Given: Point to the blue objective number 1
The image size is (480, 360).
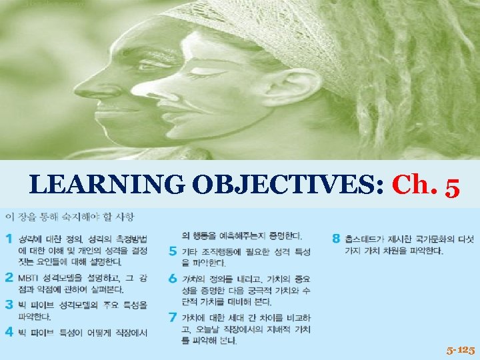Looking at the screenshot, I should click(9, 238).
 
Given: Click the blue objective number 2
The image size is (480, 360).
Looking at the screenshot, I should click(9, 276).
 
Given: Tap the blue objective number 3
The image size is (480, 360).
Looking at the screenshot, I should click(9, 303).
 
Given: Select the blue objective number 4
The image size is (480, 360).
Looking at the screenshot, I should click(9, 331).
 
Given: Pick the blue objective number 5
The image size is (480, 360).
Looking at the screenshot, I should click(172, 251).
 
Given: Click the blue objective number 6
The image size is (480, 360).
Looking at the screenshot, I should click(172, 279).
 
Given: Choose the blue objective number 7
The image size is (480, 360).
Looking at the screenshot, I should click(172, 317).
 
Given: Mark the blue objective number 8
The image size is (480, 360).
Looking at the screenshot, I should click(336, 238).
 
